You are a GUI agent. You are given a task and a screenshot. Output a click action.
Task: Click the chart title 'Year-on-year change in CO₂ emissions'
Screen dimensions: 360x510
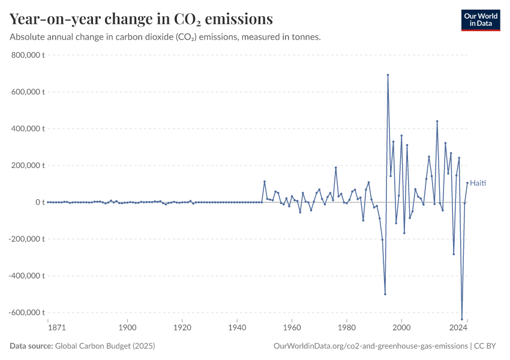(x=141, y=19)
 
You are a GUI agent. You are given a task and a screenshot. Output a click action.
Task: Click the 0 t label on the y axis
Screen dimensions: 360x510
(x=40, y=202)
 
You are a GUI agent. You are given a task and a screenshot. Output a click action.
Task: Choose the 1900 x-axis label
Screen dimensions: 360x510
(x=127, y=328)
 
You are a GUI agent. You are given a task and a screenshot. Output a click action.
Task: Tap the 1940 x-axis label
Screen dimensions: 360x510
(x=237, y=328)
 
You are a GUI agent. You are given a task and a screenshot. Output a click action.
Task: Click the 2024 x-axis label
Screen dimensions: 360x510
(x=459, y=328)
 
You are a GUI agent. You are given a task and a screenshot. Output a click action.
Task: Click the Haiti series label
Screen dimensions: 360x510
(x=478, y=183)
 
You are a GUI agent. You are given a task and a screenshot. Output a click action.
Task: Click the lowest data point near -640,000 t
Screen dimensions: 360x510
(x=462, y=319)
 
